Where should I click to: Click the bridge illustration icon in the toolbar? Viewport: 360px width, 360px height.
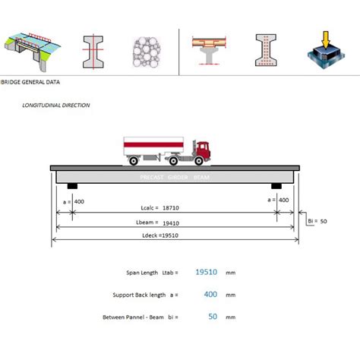point(33,52)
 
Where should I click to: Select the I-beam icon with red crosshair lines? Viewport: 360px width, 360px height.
point(93,52)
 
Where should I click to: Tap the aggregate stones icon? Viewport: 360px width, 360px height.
point(147,52)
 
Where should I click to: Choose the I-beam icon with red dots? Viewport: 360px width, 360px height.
point(266,50)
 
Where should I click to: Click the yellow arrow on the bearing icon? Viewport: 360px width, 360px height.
point(326,39)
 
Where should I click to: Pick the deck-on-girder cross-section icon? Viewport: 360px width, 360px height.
point(209,51)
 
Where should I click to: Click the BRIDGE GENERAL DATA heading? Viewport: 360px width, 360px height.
point(30,82)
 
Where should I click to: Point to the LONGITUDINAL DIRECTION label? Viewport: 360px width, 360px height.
point(56,106)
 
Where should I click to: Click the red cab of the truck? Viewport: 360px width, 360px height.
point(204,150)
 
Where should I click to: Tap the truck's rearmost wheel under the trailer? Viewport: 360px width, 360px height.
point(134,160)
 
